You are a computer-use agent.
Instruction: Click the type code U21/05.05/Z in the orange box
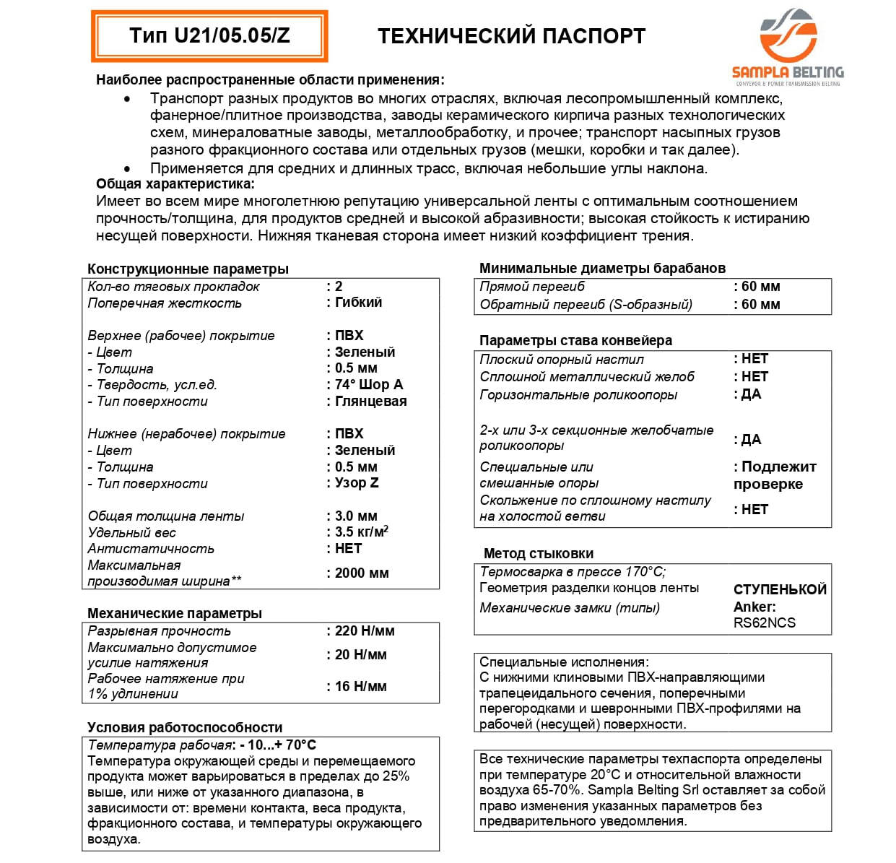click(209, 36)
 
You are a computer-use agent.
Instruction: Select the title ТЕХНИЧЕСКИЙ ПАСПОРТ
click(511, 36)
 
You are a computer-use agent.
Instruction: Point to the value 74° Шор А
click(369, 385)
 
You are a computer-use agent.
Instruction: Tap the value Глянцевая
click(370, 402)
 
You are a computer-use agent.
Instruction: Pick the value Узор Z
click(357, 483)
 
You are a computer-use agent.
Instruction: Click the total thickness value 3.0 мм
click(356, 516)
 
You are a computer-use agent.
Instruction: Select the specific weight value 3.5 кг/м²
click(361, 532)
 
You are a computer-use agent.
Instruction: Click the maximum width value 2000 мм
click(362, 573)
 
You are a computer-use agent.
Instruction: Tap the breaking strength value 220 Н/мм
click(365, 631)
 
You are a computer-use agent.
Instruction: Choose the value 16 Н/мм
click(360, 687)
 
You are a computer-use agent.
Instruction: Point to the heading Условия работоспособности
click(185, 727)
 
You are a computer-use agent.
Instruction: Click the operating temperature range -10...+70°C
click(279, 745)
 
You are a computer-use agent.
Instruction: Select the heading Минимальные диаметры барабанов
click(602, 268)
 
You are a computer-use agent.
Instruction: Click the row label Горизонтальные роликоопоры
click(578, 395)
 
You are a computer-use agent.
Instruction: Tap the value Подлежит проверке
click(775, 475)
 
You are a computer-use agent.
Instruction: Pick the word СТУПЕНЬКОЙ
click(780, 589)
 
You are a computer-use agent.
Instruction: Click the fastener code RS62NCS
click(765, 623)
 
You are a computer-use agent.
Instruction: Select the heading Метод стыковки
click(539, 554)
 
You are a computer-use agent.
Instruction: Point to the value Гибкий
click(358, 303)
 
